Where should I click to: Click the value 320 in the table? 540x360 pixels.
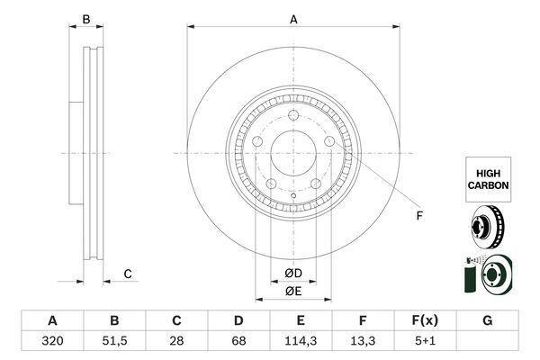(x=52, y=341)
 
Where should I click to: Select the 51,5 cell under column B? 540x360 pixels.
(x=114, y=341)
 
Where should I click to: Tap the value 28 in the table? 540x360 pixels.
(x=176, y=341)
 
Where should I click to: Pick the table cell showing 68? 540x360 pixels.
(x=238, y=341)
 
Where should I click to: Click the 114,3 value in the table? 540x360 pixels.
(x=301, y=341)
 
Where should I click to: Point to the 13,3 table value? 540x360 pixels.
(x=363, y=341)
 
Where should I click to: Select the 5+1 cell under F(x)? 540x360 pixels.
(x=425, y=341)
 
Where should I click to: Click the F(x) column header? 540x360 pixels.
(x=425, y=320)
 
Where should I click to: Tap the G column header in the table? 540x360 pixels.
(x=487, y=320)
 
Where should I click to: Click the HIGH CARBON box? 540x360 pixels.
(x=489, y=179)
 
